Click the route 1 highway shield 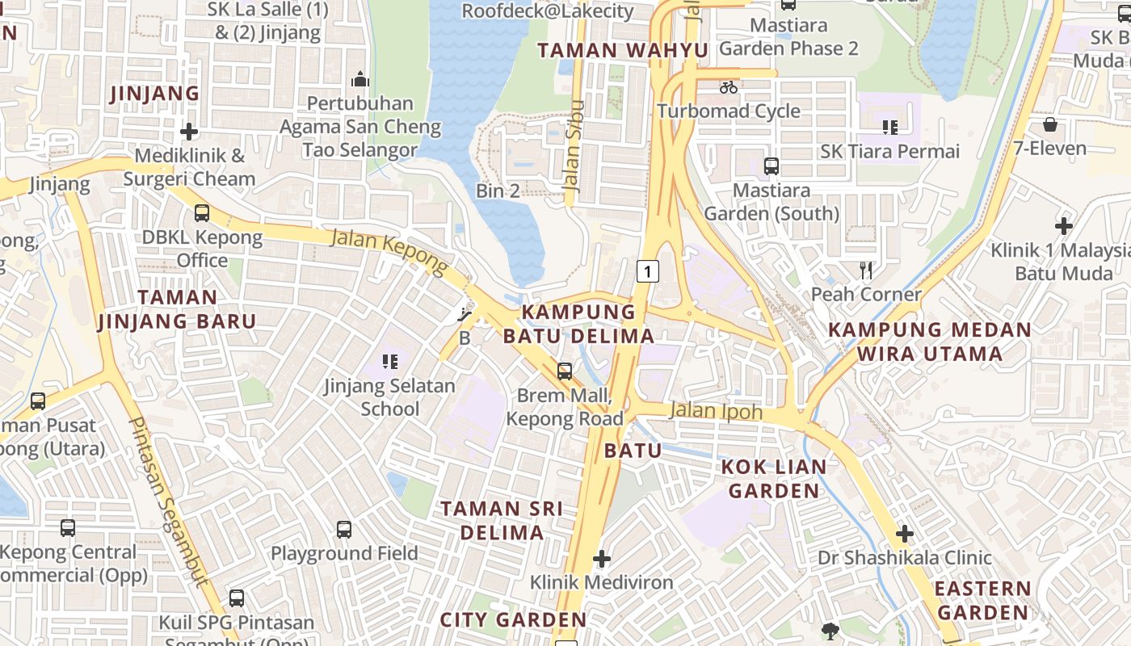(647, 271)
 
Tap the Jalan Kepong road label (389, 252)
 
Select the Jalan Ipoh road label (716, 411)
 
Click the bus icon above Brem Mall (565, 371)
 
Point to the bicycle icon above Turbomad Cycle (729, 87)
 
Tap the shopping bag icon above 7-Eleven (1049, 124)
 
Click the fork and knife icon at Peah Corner (866, 270)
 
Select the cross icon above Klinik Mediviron (601, 558)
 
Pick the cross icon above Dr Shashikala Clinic (904, 534)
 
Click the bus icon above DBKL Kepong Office (202, 213)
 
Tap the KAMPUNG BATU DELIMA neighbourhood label (578, 324)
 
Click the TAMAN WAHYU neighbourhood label (622, 51)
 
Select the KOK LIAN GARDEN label (774, 479)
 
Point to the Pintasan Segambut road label (169, 501)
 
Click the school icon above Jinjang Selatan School (390, 362)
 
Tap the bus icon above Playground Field (344, 530)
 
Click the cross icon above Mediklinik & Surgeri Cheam (189, 131)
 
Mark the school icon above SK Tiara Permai (890, 127)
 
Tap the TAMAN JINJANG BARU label (177, 309)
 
